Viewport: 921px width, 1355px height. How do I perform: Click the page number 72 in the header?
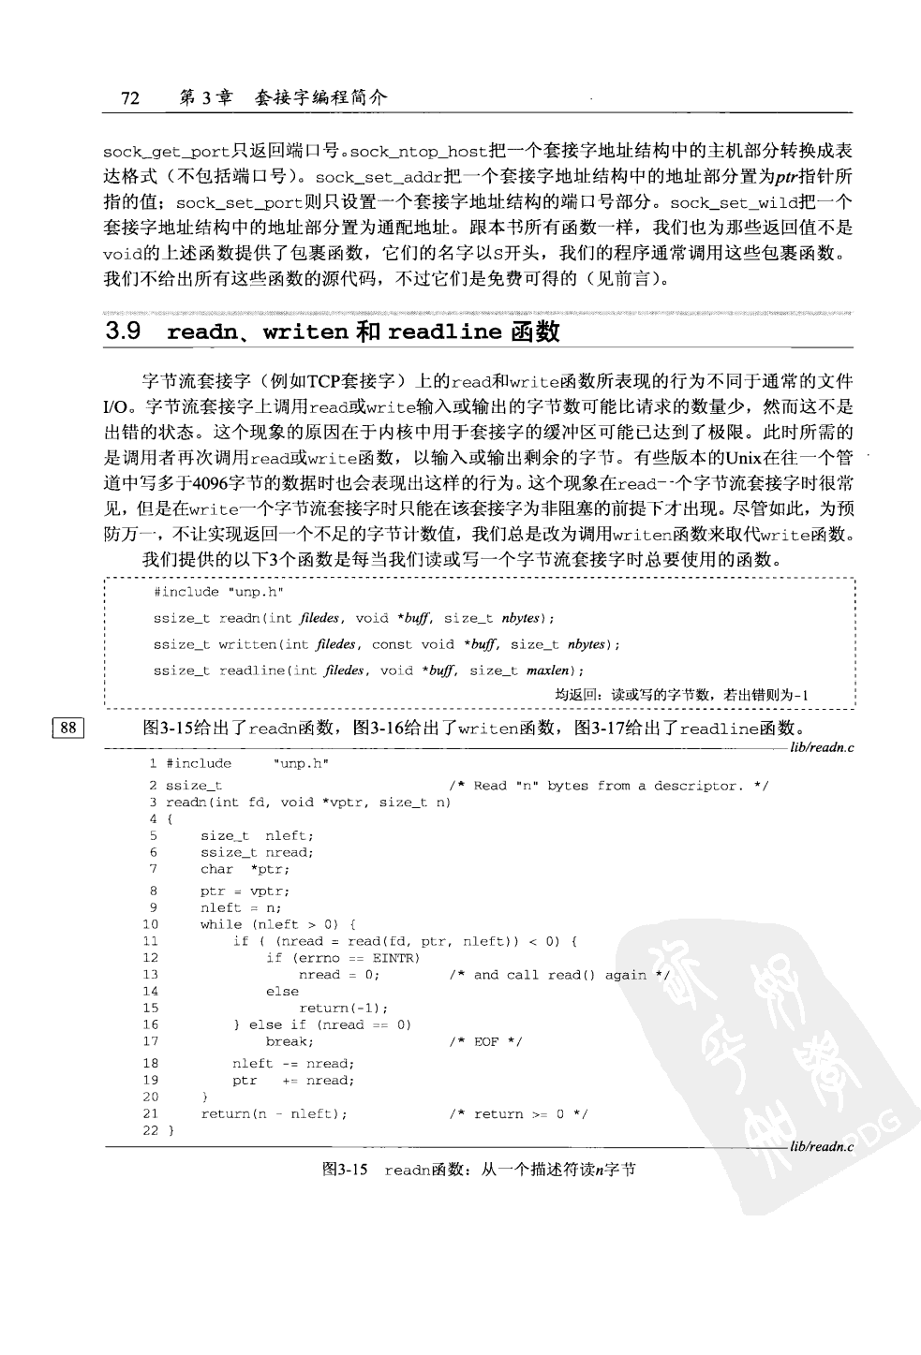130,97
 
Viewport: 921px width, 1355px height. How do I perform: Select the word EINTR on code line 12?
396,958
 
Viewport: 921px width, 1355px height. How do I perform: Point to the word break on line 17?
289,1041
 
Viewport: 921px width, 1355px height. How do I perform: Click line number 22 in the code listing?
150,1130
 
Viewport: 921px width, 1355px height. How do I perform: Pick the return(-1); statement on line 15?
342,1008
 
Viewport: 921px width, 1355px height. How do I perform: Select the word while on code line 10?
220,924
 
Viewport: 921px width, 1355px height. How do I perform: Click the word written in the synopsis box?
247,644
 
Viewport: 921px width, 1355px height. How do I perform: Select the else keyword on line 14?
282,991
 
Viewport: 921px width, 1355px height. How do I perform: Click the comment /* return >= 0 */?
518,1113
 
